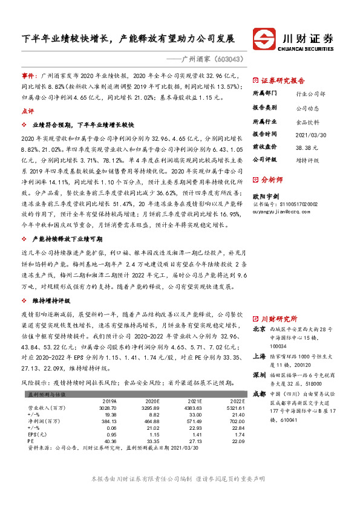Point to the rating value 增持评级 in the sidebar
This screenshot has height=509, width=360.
tap(307, 160)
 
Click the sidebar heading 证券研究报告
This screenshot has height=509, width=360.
tap(283, 80)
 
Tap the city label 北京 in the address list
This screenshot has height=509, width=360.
tap(259, 329)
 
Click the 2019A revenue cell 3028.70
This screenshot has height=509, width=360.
tap(106, 409)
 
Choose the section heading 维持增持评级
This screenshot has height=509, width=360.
tap(51, 300)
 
